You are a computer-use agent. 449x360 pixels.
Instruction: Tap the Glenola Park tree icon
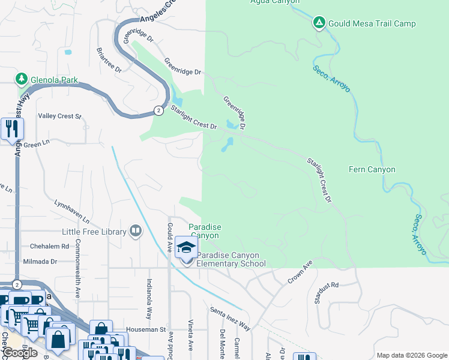22,79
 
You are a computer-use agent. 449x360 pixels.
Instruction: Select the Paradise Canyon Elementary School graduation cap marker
186,248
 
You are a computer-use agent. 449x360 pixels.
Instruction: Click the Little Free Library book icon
136,232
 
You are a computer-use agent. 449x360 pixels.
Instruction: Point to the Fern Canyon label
372,170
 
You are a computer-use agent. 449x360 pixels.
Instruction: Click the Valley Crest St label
59,116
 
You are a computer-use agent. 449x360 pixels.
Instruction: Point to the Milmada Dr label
40,262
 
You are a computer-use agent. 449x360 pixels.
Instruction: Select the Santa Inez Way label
230,319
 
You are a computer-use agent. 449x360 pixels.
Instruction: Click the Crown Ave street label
301,271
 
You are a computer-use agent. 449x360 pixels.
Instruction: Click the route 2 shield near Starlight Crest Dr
157,110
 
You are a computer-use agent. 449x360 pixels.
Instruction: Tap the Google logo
19,352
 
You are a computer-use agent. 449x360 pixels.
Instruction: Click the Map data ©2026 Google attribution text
412,355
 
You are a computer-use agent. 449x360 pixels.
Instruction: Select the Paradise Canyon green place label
205,231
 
